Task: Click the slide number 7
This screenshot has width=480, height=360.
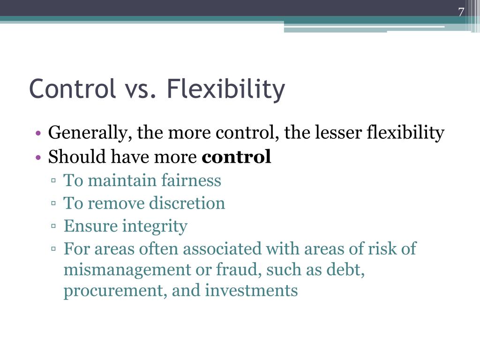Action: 461,12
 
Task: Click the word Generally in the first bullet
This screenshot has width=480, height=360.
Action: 86,134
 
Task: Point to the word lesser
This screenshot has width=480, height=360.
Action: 337,133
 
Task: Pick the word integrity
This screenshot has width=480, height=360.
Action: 155,226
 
